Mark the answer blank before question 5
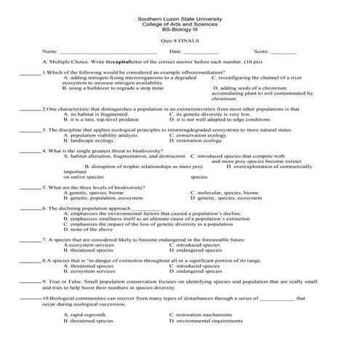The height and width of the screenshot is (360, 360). click(30, 188)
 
